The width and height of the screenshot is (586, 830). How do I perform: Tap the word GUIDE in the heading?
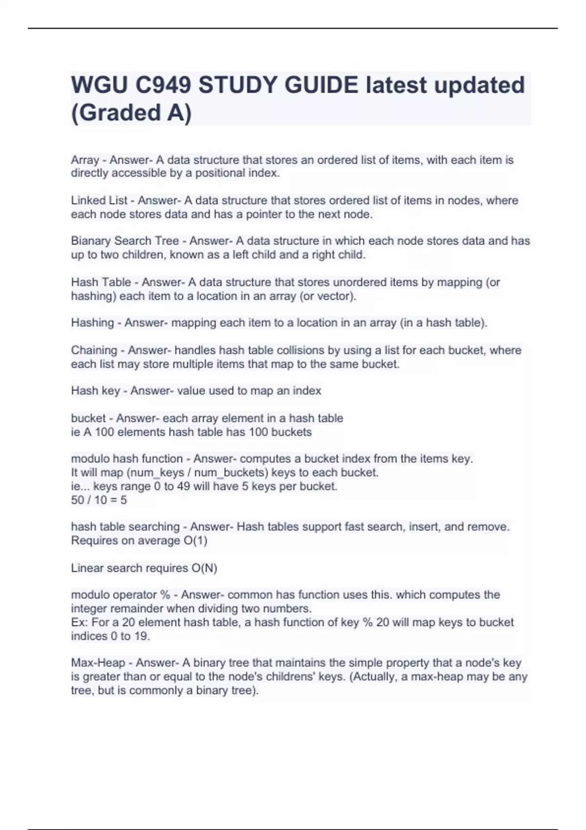(321, 85)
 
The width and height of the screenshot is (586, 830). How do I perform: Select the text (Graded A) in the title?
(131, 112)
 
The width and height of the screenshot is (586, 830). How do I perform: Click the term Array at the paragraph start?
(85, 160)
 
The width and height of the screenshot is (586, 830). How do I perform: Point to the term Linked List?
(99, 200)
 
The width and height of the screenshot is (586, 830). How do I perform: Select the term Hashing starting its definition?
(92, 322)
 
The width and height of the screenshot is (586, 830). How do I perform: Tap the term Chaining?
(94, 350)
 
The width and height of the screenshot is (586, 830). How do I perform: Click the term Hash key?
(95, 391)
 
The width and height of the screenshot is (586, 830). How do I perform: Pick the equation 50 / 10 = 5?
(99, 500)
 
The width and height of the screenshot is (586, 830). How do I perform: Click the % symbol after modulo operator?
(165, 595)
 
